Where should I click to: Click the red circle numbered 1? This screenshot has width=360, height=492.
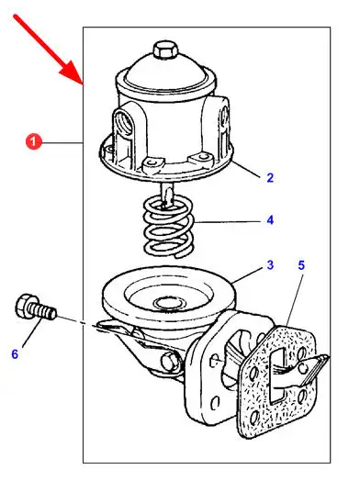33,142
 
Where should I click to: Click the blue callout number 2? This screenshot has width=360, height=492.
270,178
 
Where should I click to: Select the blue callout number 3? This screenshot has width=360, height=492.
270,265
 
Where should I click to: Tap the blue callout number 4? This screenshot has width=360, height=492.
270,220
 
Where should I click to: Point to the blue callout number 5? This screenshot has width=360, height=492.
301,265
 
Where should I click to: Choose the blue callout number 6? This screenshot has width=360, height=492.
15,354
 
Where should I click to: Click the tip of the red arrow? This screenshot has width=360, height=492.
83,85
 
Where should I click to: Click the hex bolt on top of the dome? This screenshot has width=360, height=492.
165,50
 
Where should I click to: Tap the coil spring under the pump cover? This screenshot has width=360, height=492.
169,226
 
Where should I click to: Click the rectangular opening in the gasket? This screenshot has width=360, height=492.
279,375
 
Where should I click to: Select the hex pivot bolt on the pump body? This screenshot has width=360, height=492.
170,362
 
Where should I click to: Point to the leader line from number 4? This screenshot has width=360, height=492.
228,221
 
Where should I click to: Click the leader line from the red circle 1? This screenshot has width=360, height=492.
62,143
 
